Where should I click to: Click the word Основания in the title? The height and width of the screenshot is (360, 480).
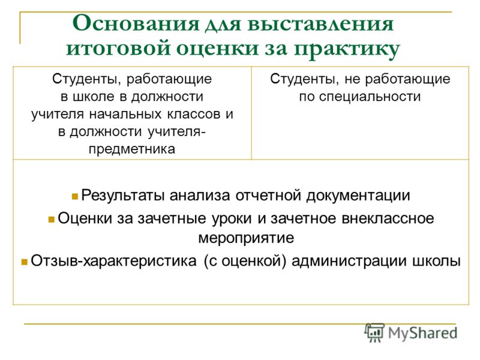[136, 23]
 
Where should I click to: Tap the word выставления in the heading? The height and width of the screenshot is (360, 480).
[320, 24]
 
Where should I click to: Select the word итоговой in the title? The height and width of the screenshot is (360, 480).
[118, 48]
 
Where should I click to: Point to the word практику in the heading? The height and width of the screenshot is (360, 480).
[347, 50]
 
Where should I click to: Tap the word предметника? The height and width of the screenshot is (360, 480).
[132, 149]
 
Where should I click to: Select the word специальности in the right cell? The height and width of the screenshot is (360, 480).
[370, 97]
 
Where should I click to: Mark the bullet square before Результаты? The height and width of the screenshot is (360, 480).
[74, 197]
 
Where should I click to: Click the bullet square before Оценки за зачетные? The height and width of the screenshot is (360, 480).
[52, 220]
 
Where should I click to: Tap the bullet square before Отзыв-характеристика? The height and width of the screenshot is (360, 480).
[25, 262]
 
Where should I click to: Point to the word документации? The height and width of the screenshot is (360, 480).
[358, 196]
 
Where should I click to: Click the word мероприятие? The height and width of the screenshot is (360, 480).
[246, 238]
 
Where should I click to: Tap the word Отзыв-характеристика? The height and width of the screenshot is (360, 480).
[113, 261]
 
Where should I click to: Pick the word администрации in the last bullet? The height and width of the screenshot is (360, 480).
[350, 261]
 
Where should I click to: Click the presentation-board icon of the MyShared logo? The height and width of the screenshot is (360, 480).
[374, 332]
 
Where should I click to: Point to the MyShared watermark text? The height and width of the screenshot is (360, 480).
[422, 334]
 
